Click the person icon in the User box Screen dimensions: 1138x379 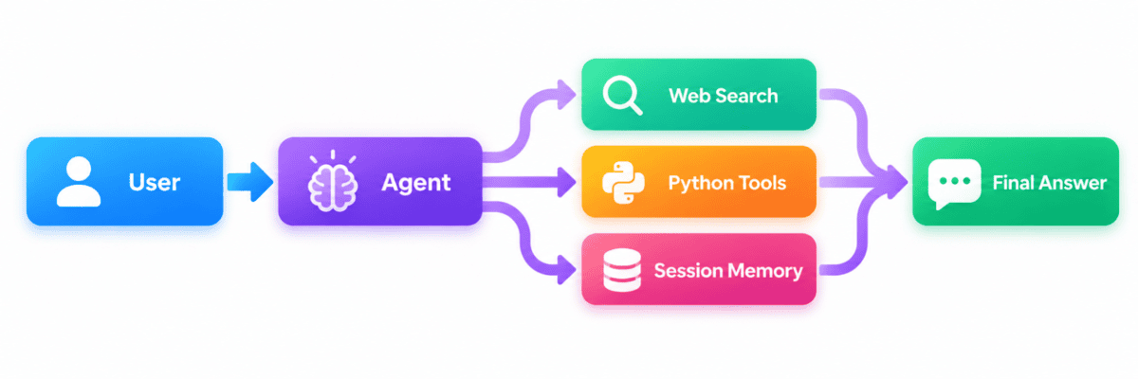[x=78, y=182]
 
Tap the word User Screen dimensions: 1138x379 [x=155, y=183]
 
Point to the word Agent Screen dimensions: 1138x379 [x=416, y=183]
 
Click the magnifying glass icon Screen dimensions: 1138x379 [x=622, y=95]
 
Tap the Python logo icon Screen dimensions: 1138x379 [x=623, y=183]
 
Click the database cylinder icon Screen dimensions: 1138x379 [x=622, y=270]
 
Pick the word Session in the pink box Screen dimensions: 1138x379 [x=688, y=270]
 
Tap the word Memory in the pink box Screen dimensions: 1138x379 [x=764, y=271]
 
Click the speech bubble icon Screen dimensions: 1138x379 [x=954, y=183]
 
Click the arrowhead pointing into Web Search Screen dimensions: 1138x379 [x=566, y=95]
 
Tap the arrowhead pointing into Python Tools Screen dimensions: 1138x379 [x=566, y=182]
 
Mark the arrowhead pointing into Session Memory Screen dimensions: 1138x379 [x=566, y=269]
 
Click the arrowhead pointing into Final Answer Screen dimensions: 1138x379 [x=897, y=182]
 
